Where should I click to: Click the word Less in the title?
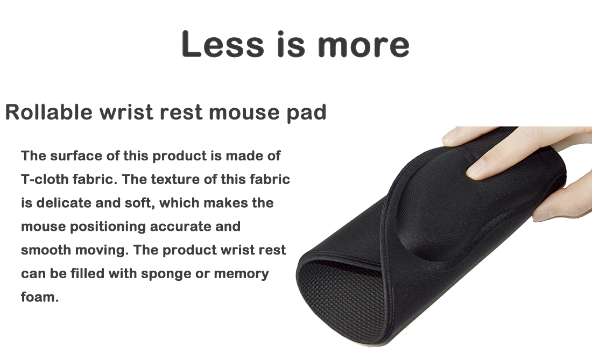pyautogui.click(x=223, y=44)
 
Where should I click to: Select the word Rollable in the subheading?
pyautogui.click(x=48, y=112)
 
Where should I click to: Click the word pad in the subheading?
pyautogui.click(x=306, y=113)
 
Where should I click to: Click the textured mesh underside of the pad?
pyautogui.click(x=343, y=298)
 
